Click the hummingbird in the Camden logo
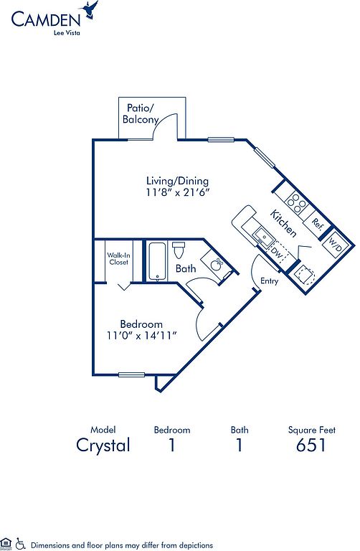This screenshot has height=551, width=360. coord(90,9)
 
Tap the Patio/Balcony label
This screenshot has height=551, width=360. coord(140,113)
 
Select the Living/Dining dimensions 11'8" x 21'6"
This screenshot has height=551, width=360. coord(178,192)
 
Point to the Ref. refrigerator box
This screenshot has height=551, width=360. coord(318,224)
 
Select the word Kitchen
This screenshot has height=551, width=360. coord(283,223)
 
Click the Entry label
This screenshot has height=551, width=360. coord(270,281)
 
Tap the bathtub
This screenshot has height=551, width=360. coord(157,261)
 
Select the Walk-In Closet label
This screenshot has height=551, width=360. coord(118,258)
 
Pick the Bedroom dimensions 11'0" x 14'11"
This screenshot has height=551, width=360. coord(141,336)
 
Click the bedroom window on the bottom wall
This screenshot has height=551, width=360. coord(132,375)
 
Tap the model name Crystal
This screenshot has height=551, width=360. coord(103,446)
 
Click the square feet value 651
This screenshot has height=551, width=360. coord(311,445)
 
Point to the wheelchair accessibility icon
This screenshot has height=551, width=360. coord(21,544)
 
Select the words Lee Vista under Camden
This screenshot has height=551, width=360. coord(67,33)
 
